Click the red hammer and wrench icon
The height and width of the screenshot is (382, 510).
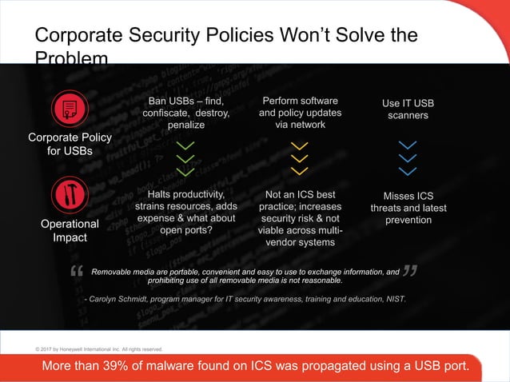tap(70, 194)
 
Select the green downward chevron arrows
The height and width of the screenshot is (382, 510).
tap(185, 159)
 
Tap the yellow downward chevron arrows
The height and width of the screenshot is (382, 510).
tap(299, 158)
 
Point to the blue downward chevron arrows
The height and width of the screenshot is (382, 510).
tap(408, 158)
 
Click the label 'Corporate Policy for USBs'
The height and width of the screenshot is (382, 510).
tap(70, 145)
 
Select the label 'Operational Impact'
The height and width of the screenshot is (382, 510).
tap(70, 231)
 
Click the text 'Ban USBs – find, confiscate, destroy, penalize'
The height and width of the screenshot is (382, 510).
tap(185, 113)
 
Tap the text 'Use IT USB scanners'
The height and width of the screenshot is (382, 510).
tap(408, 110)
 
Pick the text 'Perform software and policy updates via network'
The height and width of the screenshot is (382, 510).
tap(300, 113)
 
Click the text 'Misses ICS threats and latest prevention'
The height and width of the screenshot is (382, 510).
tap(408, 208)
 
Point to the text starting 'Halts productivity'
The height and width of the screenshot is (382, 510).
tap(185, 213)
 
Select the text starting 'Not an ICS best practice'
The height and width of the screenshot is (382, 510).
tap(300, 218)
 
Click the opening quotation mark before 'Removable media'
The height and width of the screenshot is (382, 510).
tap(78, 274)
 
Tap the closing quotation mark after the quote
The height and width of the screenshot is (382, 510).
tap(408, 273)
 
